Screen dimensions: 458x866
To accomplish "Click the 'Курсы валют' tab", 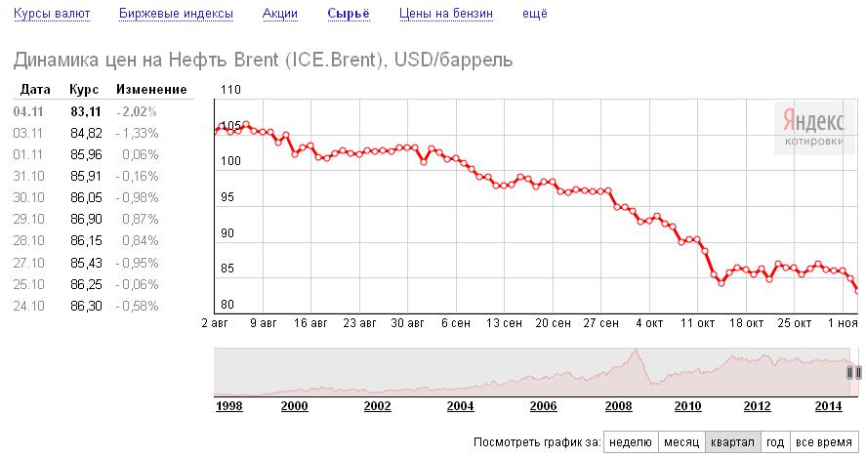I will (x=53, y=15).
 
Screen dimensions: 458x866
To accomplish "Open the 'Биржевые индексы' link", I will (x=176, y=15).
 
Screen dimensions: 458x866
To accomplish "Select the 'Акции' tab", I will (x=280, y=15).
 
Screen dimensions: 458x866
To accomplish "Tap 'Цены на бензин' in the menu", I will (x=446, y=15).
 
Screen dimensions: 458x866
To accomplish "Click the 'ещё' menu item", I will (x=535, y=15).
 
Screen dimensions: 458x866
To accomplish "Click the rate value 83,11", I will (x=86, y=111).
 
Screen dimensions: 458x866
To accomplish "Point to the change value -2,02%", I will (x=137, y=111).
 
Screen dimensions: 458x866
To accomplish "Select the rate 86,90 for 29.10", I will (x=86, y=219).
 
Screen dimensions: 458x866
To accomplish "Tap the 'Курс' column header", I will (x=82, y=90).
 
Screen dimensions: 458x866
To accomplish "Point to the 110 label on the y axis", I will (x=230, y=90).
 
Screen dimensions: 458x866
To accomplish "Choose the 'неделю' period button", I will (x=630, y=441).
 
